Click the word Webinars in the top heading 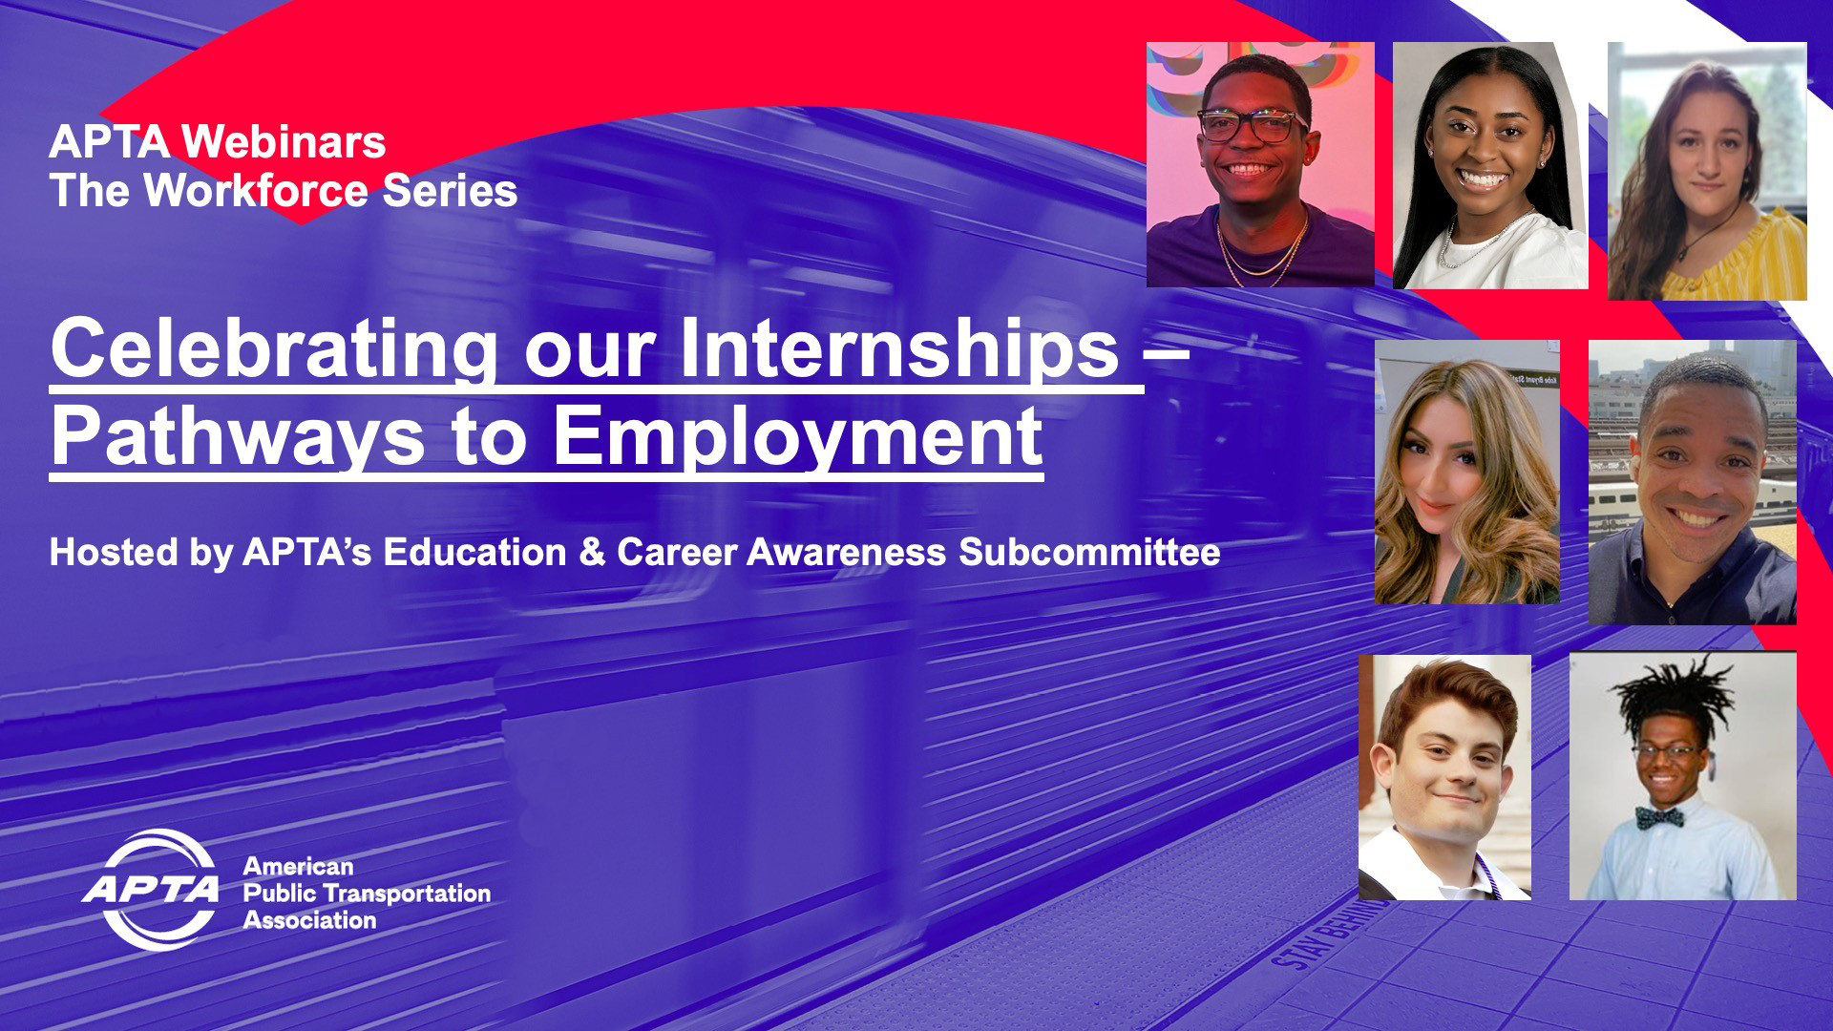[x=284, y=142]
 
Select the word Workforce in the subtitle [x=256, y=191]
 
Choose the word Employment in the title [x=798, y=436]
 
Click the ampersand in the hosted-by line [x=591, y=553]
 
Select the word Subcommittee [x=1089, y=553]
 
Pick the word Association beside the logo [x=309, y=920]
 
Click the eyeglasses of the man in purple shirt [x=1252, y=126]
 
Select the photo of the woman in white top [x=1489, y=164]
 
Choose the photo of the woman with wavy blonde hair [x=1466, y=473]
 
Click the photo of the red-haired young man [x=1444, y=776]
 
